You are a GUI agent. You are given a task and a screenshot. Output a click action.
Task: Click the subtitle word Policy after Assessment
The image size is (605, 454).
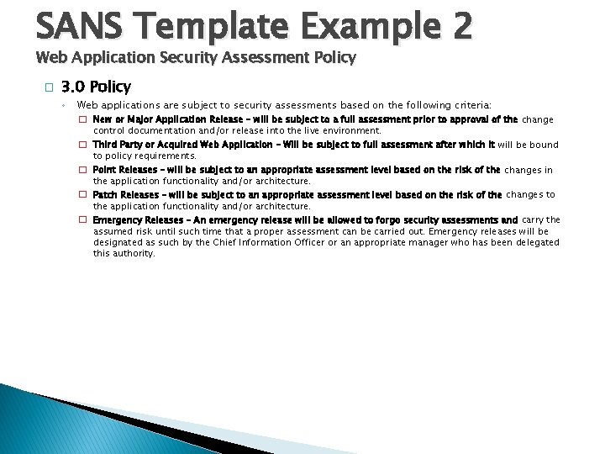331,58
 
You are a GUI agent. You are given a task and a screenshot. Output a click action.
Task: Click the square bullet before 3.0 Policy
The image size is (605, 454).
50,87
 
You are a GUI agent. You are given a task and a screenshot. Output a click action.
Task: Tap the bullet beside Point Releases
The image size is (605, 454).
83,170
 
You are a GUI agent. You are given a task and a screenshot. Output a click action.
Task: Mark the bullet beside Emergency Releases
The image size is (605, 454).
83,219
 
